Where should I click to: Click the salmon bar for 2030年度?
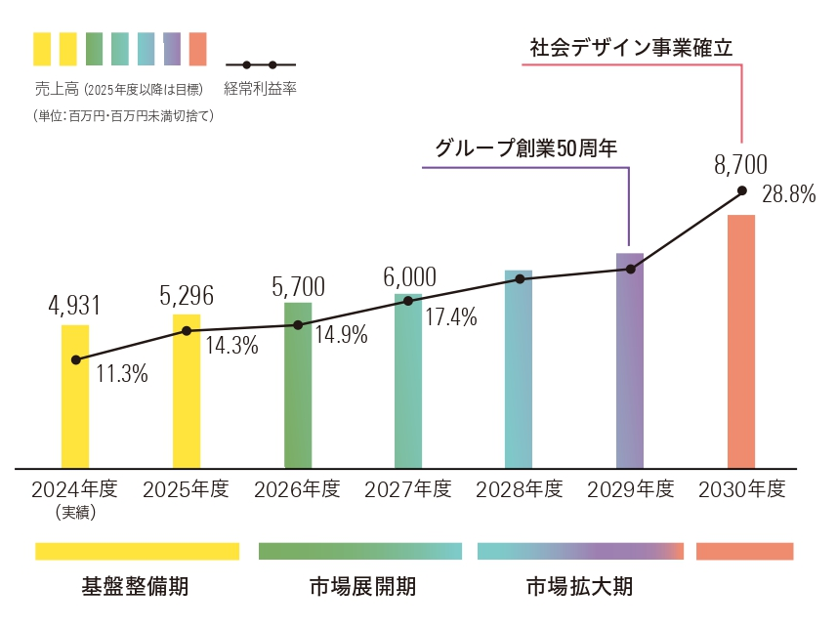741,341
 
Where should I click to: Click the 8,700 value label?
741,164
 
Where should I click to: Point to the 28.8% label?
788,195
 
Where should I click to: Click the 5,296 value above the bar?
186,296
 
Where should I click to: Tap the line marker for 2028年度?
520,279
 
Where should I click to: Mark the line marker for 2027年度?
408,301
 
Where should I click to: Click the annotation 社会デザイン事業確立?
631,47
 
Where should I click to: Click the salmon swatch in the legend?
198,47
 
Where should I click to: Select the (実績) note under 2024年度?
74,511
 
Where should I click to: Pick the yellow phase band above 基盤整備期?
137,552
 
